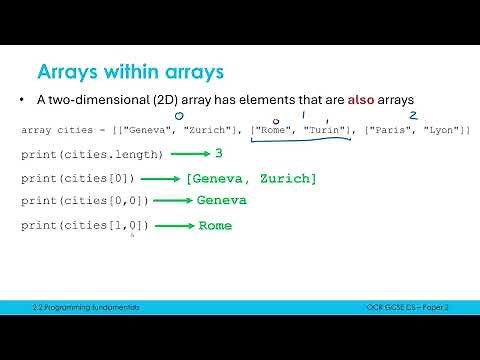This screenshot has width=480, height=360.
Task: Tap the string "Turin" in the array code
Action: (326, 131)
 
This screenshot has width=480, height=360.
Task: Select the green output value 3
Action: (219, 153)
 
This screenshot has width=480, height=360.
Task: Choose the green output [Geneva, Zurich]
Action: (251, 178)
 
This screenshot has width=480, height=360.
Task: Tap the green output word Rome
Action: (215, 226)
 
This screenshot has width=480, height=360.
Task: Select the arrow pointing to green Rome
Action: (174, 226)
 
